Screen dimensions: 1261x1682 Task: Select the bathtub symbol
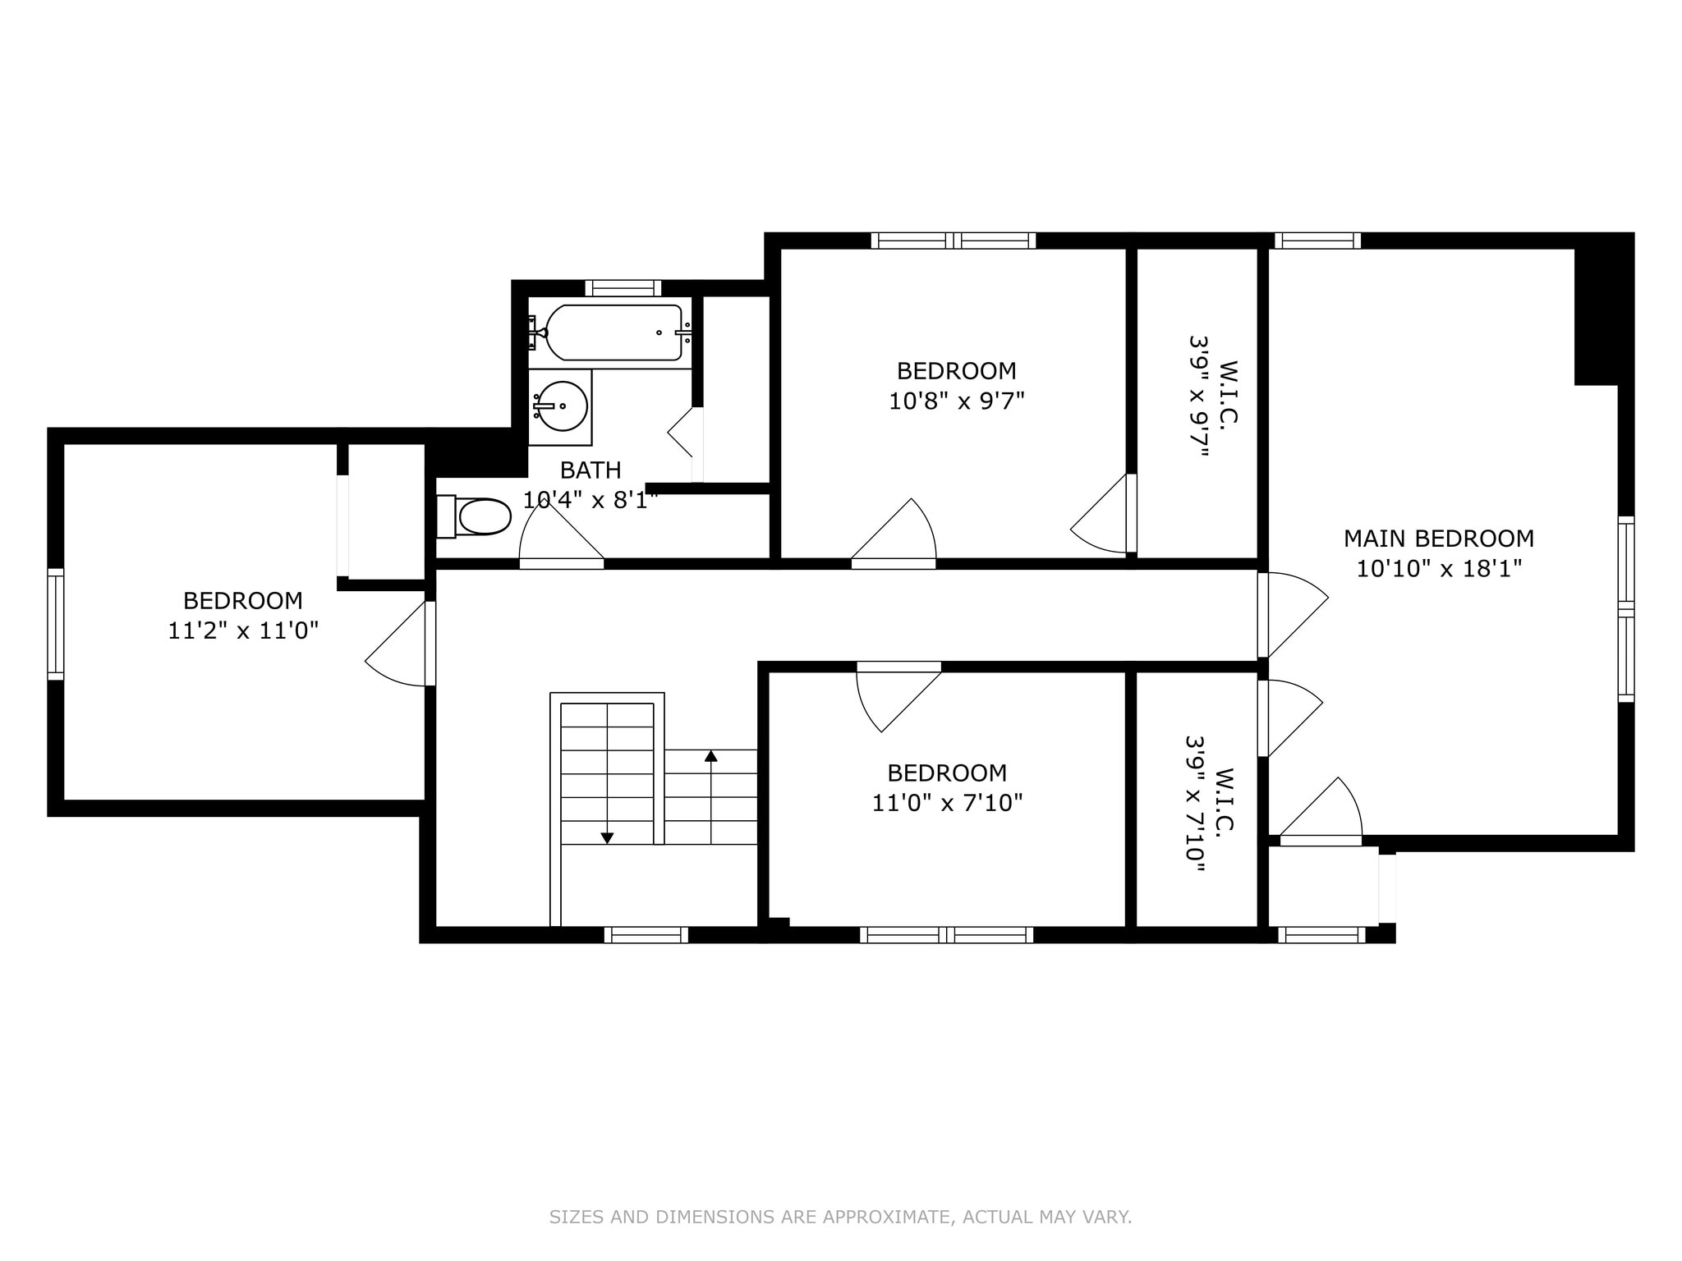613,332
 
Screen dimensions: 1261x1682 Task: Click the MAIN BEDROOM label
1438,539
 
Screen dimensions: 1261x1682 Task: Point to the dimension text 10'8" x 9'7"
957,401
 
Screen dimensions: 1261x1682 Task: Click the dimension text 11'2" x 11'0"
243,630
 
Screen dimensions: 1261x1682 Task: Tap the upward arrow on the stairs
711,756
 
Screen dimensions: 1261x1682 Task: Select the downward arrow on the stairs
607,837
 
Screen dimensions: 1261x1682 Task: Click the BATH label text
591,470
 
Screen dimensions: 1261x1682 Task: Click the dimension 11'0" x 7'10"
947,803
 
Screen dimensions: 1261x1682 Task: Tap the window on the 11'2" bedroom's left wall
56,624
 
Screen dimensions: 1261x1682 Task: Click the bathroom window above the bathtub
623,288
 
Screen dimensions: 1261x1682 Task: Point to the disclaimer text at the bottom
840,1217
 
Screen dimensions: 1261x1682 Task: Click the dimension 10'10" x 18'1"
1438,568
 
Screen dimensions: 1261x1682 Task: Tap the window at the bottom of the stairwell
646,934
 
